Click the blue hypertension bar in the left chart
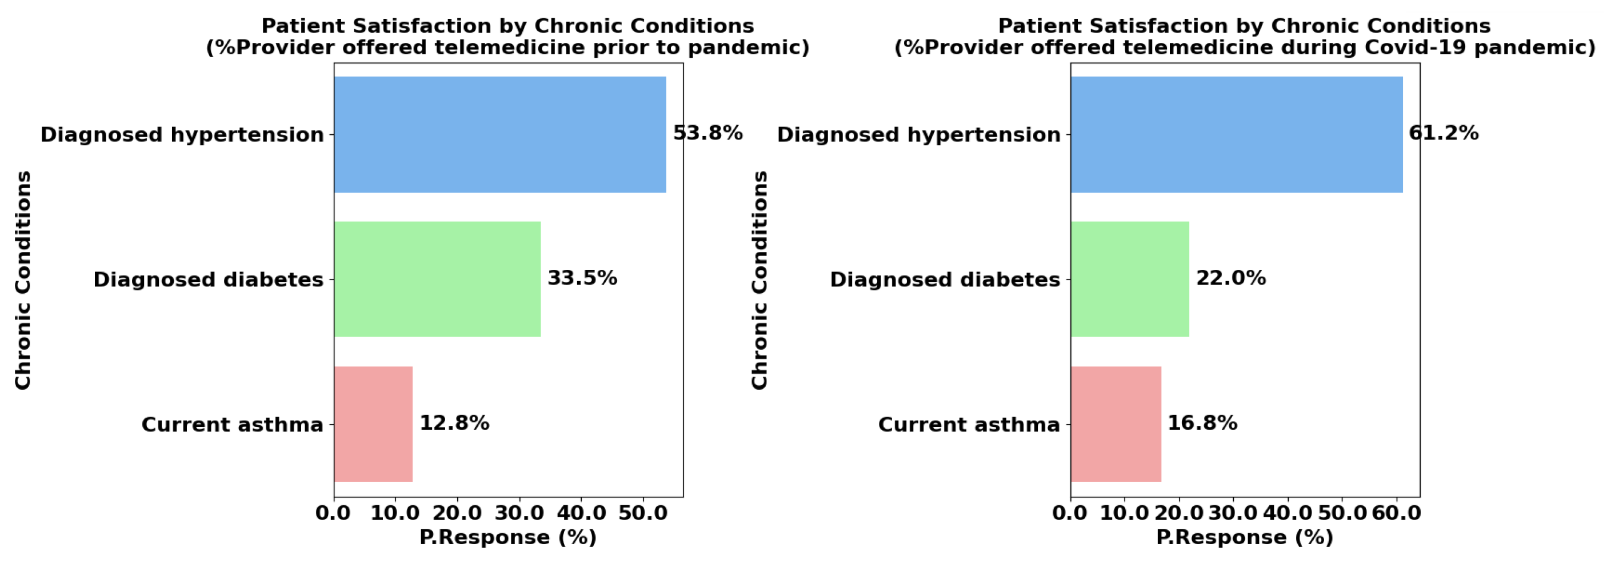pos(499,134)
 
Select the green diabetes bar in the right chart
pos(1129,279)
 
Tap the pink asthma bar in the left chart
pos(373,424)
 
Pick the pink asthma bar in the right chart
pos(1116,424)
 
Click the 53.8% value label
pos(707,133)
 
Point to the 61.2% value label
pos(1444,133)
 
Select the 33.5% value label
pos(582,278)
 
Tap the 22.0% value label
pos(1230,278)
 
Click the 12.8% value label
pos(454,423)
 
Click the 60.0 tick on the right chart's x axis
pos(1397,514)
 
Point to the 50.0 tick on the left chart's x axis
pos(643,514)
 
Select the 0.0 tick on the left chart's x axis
pos(333,514)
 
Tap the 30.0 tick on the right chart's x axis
pos(1233,514)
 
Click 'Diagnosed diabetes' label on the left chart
pos(209,279)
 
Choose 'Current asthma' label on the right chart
pos(969,425)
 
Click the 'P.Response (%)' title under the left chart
pos(508,537)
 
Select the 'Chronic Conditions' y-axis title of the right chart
pos(759,280)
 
